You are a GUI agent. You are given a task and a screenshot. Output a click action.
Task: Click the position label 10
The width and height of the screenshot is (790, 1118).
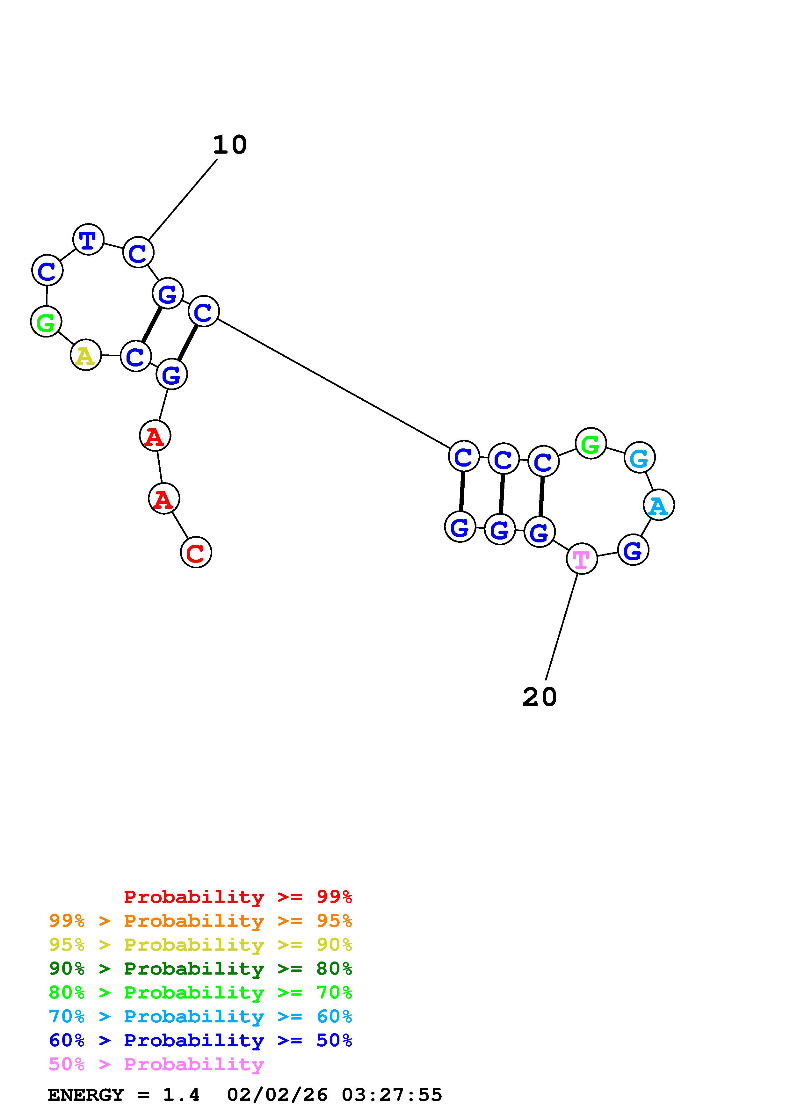(230, 145)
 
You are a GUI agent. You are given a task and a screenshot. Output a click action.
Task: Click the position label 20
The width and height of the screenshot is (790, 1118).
(539, 697)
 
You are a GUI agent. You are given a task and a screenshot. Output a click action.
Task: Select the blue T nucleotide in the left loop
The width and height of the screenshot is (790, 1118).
(88, 240)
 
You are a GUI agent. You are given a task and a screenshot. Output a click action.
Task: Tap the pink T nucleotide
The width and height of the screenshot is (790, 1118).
(582, 559)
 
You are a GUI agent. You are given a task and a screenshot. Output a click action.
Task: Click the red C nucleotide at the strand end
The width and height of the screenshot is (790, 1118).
(196, 553)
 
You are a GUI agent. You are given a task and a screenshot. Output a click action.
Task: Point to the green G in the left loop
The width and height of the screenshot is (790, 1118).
(46, 322)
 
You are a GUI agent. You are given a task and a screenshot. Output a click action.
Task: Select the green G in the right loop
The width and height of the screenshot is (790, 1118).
(591, 444)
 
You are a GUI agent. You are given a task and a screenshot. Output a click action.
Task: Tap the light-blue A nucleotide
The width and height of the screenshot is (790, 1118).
(659, 505)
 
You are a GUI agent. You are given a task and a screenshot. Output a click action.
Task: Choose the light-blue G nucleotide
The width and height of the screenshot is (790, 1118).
(639, 458)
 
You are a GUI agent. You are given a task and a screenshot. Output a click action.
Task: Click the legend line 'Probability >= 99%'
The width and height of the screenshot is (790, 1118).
(237, 897)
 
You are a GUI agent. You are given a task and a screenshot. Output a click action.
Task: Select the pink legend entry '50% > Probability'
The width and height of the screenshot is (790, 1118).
(156, 1064)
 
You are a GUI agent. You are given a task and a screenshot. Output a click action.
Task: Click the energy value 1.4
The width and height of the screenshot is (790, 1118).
(181, 1095)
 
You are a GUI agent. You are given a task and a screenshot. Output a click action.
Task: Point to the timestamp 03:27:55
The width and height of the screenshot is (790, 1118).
(392, 1095)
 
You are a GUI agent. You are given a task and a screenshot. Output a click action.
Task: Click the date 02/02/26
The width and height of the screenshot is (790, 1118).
(278, 1095)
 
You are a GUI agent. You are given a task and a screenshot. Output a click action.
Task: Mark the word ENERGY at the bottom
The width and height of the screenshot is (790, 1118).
(86, 1095)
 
